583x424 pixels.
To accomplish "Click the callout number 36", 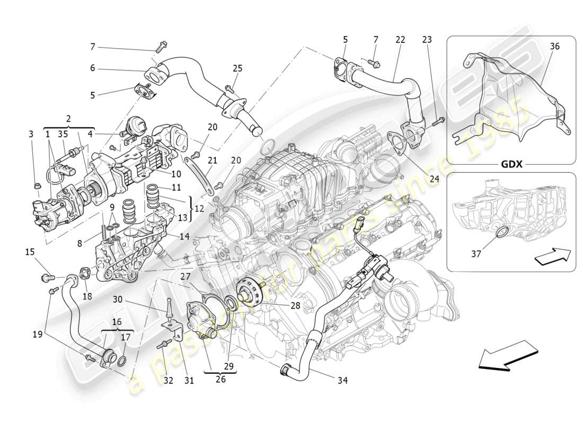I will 554,47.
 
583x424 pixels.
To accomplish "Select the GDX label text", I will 511,164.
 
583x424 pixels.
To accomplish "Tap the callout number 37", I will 476,254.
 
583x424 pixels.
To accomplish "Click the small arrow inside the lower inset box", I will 553,257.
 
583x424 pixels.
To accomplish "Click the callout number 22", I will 400,40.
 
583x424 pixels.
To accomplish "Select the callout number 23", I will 427,40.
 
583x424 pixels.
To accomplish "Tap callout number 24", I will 435,179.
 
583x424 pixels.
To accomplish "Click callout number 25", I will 237,68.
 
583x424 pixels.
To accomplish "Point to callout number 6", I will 92,68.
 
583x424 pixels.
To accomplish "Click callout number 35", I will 63,135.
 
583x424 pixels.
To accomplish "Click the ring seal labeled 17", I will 121,362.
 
